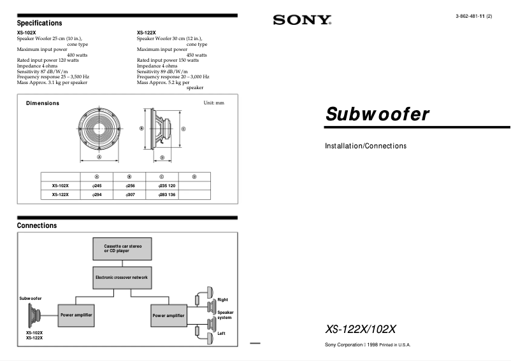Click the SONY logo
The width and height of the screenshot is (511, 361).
point(302,20)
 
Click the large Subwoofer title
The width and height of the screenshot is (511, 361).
point(377,115)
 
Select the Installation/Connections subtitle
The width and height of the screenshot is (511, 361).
point(366,146)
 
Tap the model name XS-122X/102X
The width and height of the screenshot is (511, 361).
point(361,329)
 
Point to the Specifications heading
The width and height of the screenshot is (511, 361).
point(40,23)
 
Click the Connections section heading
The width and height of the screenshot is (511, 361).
point(37,225)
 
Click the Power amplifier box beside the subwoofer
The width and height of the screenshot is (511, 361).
point(76,315)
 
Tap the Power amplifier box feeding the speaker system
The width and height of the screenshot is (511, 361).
point(168,315)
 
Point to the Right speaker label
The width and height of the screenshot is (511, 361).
point(222,299)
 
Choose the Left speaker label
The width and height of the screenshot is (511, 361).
point(221,334)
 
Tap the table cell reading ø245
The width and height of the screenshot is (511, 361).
point(97,185)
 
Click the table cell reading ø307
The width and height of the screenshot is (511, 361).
point(129,194)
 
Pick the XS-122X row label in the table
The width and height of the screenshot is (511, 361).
point(61,194)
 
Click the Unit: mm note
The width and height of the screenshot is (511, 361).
point(213,103)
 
